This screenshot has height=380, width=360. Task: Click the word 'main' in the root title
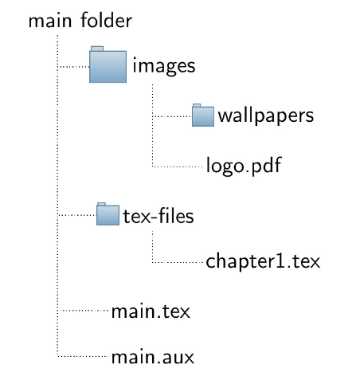50,21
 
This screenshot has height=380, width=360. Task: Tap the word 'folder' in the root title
106,20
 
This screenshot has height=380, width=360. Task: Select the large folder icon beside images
108,65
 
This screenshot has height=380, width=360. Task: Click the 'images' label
164,65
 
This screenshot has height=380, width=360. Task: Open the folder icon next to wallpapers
203,115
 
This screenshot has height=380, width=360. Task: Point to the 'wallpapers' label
266,116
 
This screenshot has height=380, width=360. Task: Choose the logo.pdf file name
244,166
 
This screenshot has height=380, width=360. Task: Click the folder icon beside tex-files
108,214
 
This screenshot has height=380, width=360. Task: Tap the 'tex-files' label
158,215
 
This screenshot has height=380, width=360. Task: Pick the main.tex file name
151,311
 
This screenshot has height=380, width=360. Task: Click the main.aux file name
153,357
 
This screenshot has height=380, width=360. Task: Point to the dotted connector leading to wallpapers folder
171,116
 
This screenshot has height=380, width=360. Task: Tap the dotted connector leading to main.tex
83,310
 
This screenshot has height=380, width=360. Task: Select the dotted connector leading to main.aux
83,356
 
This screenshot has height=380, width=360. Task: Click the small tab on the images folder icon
97,49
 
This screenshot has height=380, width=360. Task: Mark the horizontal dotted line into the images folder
73,67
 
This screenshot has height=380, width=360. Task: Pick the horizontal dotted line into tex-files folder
76,215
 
